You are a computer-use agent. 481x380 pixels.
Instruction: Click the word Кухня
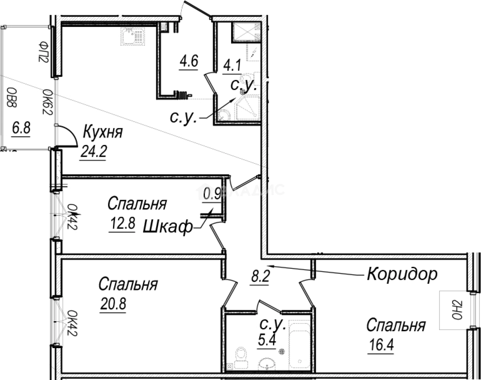pos(103,132)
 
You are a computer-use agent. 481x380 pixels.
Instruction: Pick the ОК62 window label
pos(47,102)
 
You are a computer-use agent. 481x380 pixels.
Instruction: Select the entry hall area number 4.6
pos(189,61)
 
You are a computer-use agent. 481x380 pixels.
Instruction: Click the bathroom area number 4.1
pos(232,67)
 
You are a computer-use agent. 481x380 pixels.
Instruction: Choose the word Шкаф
pos(168,228)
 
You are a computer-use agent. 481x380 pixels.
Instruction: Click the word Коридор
pos(402,274)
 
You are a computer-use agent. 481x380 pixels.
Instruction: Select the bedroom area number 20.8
pos(113,304)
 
